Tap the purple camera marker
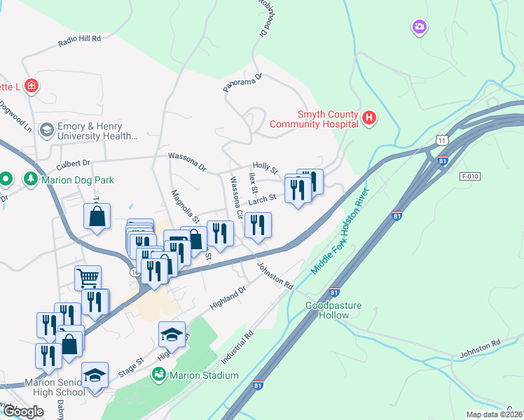point(420,27)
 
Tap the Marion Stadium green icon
point(159,375)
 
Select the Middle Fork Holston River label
point(340,232)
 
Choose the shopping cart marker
point(88,277)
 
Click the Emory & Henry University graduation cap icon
point(46,129)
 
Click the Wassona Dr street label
point(187,162)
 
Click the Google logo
point(23,412)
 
